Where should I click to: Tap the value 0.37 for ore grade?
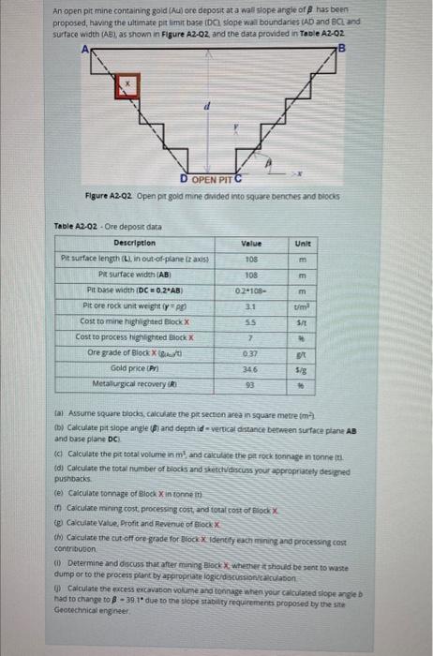pyautogui.click(x=250, y=352)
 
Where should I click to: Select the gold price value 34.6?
pyautogui.click(x=250, y=368)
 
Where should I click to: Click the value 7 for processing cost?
pyautogui.click(x=250, y=336)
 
